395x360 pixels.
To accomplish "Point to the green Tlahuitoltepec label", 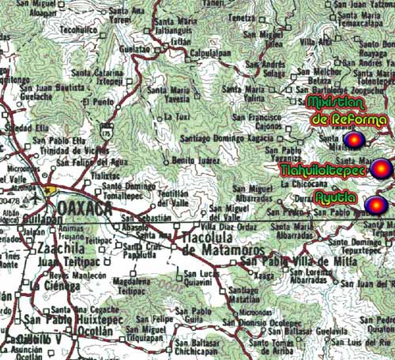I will click(x=323, y=169).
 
